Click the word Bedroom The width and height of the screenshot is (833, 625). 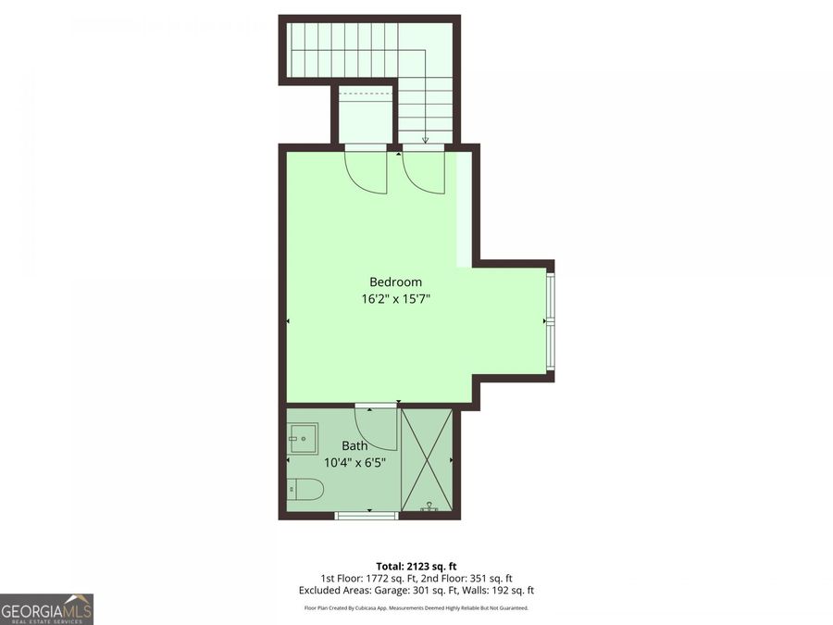pos(395,282)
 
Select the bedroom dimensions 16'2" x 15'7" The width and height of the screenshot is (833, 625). pos(395,299)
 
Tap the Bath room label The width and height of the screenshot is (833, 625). pos(354,446)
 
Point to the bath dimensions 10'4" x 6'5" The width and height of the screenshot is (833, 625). pos(354,462)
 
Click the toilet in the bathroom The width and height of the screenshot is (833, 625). pos(305,489)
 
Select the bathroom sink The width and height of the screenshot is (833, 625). pos(302,437)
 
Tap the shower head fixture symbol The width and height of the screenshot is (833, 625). pos(429,506)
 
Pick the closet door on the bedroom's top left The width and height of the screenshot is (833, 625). pos(366,172)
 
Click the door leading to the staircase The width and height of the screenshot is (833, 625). pos(423,172)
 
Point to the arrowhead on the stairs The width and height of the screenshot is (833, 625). pos(425,141)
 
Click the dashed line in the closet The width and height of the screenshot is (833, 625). pos(366,93)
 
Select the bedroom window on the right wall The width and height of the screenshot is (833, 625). pos(551,319)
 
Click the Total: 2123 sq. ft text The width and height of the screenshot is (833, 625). pos(416,566)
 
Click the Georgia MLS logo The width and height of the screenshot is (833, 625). pos(46,609)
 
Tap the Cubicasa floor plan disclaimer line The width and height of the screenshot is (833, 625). pos(416,607)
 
